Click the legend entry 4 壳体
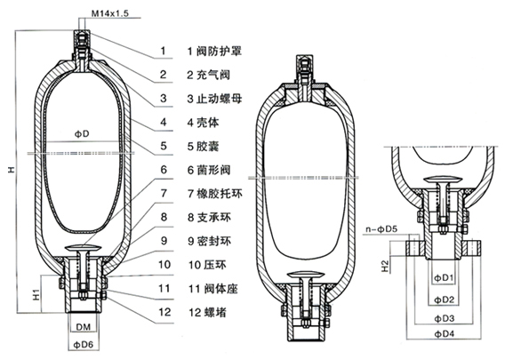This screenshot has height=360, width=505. click(204, 121)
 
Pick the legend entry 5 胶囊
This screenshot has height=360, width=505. click(204, 145)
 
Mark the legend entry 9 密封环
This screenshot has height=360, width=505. click(209, 240)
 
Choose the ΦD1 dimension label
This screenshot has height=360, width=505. click(442, 279)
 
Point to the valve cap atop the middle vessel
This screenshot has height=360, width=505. click(303, 65)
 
